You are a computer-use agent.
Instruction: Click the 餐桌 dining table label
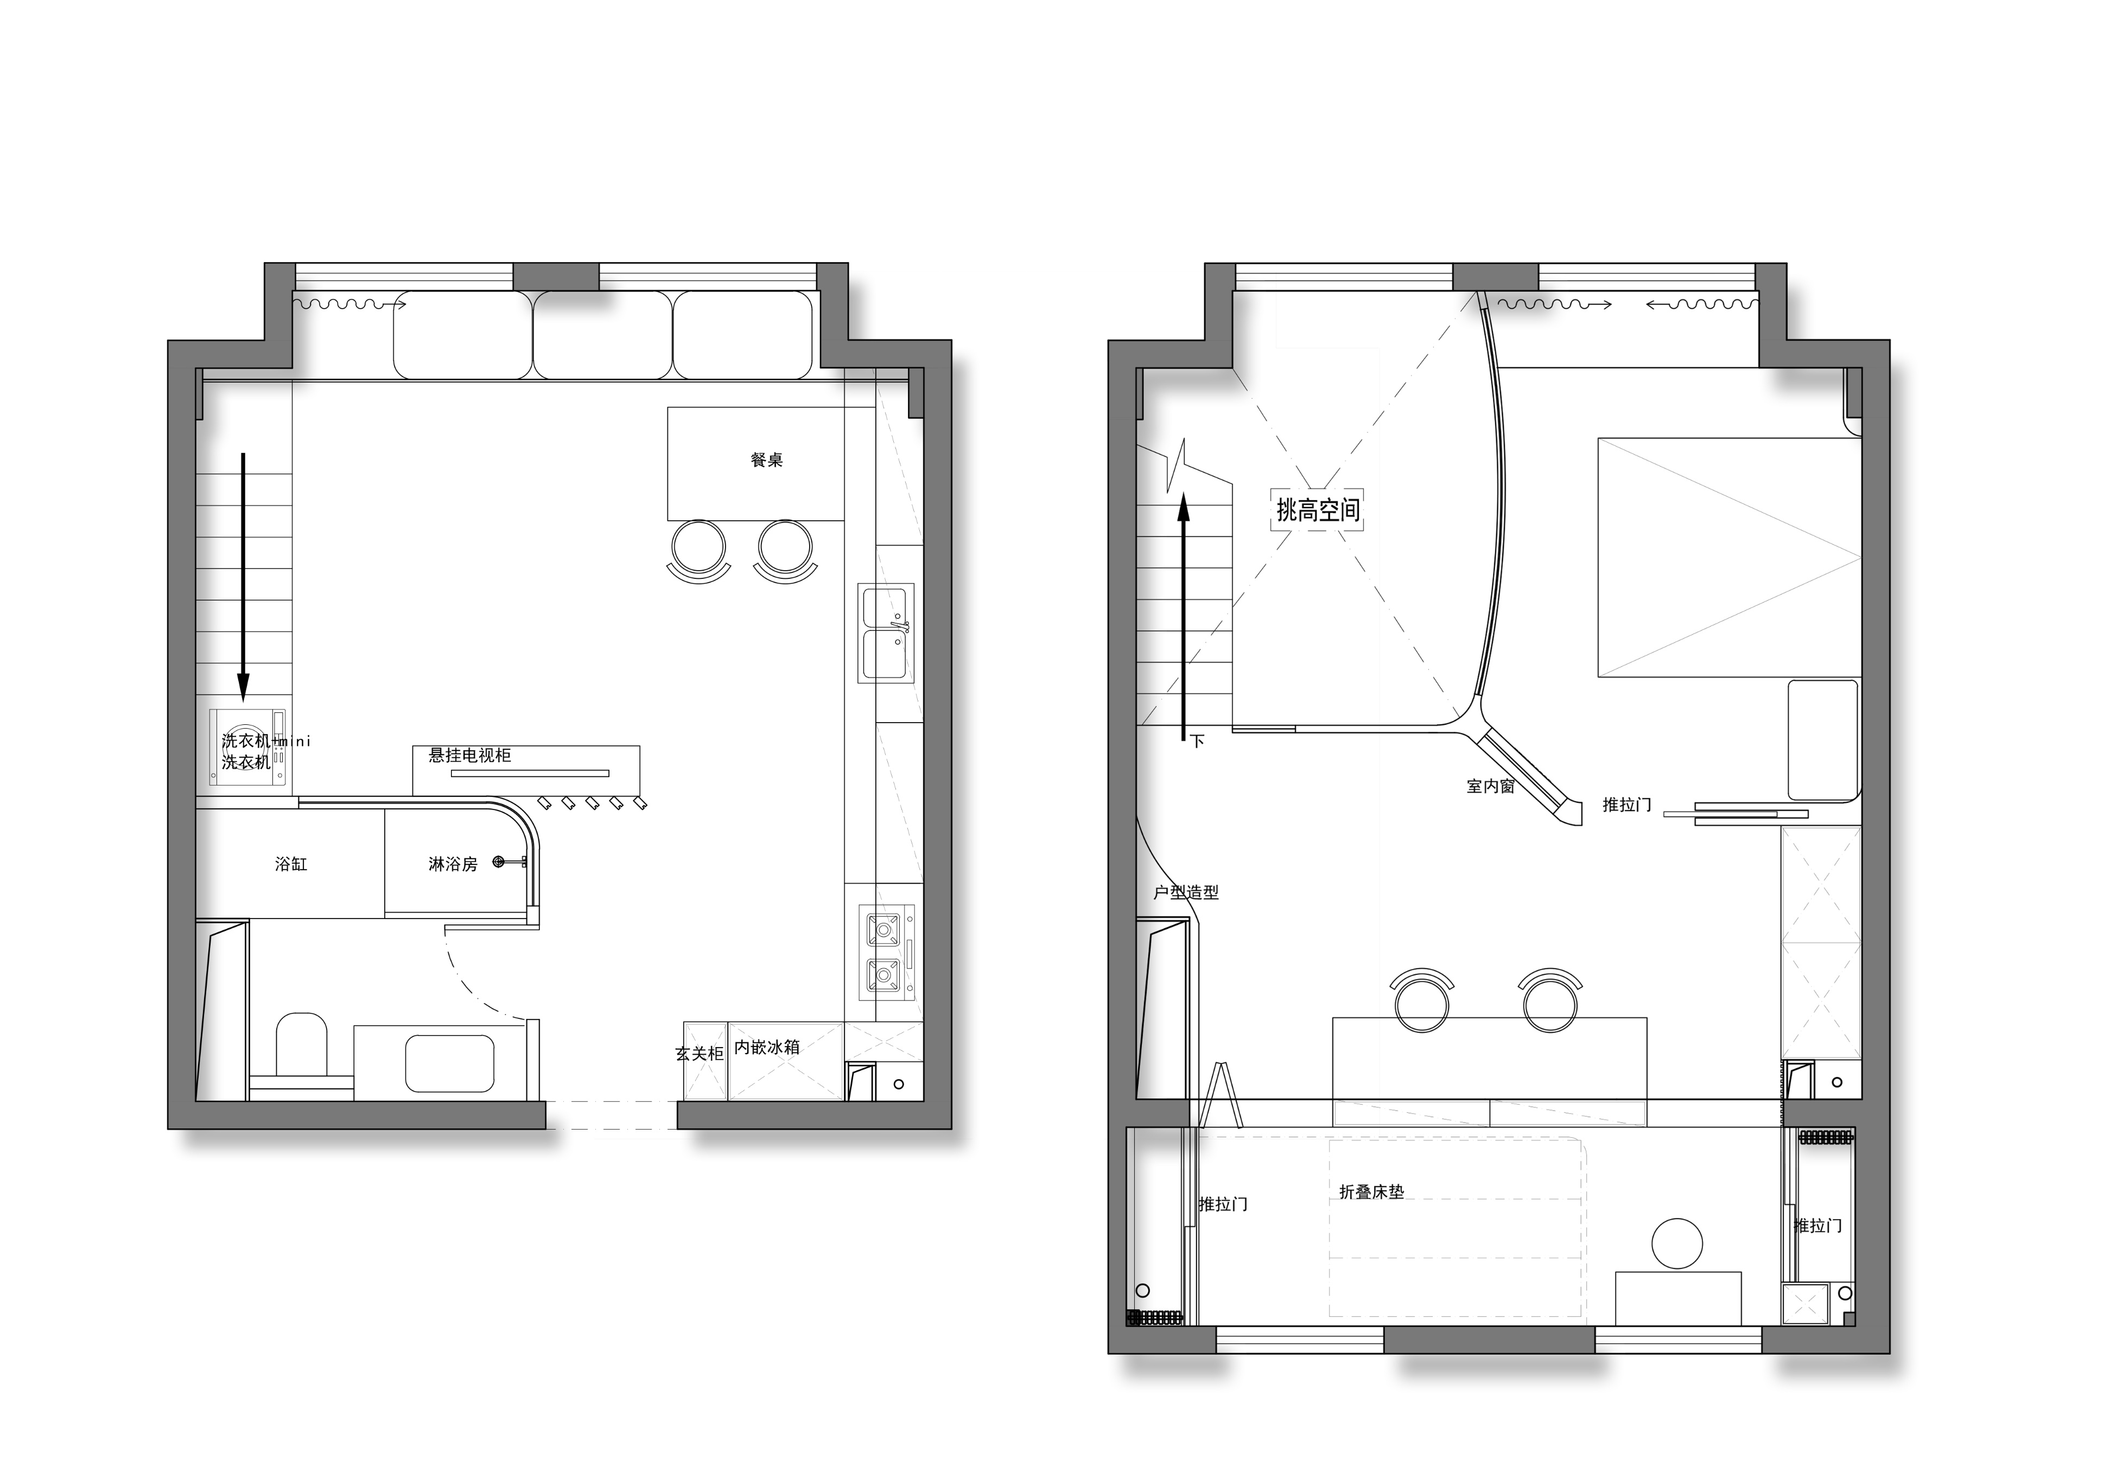(766, 460)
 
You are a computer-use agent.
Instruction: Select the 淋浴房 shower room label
(453, 863)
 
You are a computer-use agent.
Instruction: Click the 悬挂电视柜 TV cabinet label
(470, 755)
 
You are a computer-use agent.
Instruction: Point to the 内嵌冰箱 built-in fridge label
(767, 1047)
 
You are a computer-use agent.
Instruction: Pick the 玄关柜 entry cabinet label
(699, 1054)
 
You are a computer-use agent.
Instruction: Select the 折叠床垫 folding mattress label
(1371, 1192)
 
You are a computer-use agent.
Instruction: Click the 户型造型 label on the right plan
(1186, 891)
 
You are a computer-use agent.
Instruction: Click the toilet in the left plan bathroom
(302, 1044)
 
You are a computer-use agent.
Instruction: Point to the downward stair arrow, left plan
(243, 577)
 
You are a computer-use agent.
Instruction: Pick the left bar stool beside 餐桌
(698, 547)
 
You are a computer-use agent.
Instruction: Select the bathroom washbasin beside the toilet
(449, 1063)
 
